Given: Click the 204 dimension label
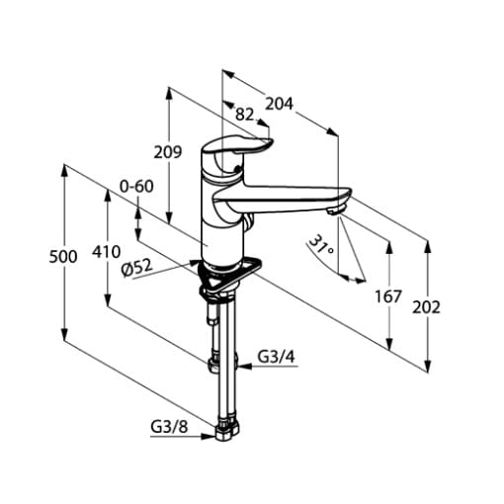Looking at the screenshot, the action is pyautogui.click(x=279, y=104).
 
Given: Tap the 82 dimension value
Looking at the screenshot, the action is pyautogui.click(x=245, y=115).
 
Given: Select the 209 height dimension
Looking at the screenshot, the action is pyautogui.click(x=168, y=152).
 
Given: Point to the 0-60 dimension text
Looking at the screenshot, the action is pyautogui.click(x=136, y=187).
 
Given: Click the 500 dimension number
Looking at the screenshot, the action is pyautogui.click(x=63, y=257).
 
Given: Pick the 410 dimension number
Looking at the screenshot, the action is pyautogui.click(x=106, y=252).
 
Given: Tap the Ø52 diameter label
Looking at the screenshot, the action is pyautogui.click(x=137, y=268).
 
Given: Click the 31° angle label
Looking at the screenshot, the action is pyautogui.click(x=321, y=245).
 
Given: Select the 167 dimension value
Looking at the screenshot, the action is pyautogui.click(x=388, y=296).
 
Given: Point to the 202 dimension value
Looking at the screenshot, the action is pyautogui.click(x=426, y=308).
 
